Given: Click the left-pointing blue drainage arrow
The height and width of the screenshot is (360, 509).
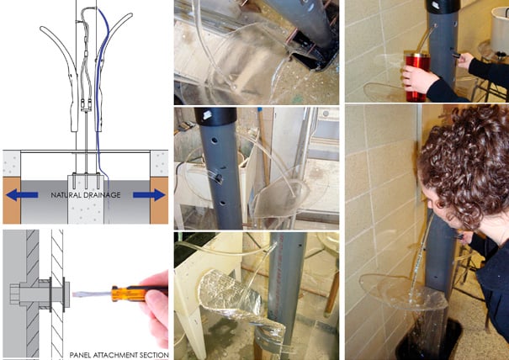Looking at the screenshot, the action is (x=22, y=195).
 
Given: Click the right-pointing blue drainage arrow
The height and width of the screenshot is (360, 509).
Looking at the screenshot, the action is (x=149, y=195).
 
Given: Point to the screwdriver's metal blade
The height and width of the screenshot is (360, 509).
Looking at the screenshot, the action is (x=92, y=294).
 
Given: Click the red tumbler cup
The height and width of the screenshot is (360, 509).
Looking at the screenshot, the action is (x=417, y=77).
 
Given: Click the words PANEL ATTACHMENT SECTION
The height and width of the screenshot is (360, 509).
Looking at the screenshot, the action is (x=119, y=355).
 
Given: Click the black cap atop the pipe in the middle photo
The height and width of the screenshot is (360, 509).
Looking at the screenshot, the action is (x=215, y=116).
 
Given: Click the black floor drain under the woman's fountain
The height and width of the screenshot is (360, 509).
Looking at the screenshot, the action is (x=428, y=339).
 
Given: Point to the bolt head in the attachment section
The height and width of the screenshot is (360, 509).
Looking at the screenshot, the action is (x=15, y=294).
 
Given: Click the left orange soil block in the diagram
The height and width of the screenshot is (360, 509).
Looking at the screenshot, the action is (x=12, y=200).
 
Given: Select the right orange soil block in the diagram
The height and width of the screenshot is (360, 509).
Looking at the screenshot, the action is (x=159, y=200).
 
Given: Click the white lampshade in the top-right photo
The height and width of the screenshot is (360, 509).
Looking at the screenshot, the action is (x=499, y=30).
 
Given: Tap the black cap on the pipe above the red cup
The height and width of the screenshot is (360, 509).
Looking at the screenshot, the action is (x=443, y=6).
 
